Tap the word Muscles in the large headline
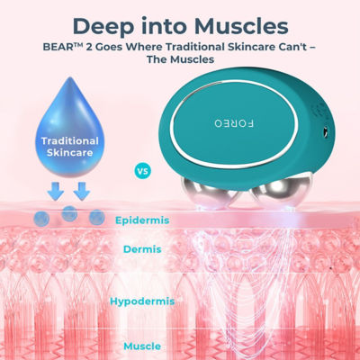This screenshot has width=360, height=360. click(241, 26)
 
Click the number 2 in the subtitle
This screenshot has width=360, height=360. click(89, 47)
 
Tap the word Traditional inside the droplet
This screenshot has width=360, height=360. click(70, 140)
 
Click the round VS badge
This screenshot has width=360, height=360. click(143, 171)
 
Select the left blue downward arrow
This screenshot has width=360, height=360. click(56, 191)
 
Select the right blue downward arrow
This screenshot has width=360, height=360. click(82, 191)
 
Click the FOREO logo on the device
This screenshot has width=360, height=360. click(234, 123)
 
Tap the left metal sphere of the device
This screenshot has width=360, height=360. click(211, 193)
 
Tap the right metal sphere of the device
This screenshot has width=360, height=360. click(281, 193)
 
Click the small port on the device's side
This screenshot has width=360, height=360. click(325, 131)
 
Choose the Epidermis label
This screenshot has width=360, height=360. click(142, 220)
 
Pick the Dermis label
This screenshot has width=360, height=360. click(142, 249)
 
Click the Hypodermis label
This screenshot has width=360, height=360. click(142, 301)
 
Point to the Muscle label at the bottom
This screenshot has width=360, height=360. click(142, 346)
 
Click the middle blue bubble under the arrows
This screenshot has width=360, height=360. click(69, 213)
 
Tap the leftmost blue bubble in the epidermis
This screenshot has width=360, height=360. click(41, 219)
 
